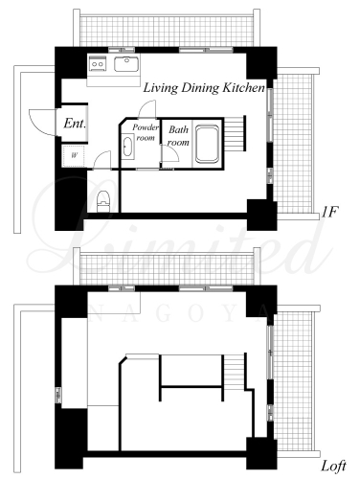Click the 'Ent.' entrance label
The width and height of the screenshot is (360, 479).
click(75, 124)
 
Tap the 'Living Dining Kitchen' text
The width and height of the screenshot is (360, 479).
click(204, 88)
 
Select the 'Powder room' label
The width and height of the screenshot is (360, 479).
click(146, 132)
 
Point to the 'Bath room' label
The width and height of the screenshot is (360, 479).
click(178, 136)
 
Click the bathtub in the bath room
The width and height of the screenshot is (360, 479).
click(208, 144)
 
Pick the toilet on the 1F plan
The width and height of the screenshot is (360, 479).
click(103, 201)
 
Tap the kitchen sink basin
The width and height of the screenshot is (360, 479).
click(126, 64)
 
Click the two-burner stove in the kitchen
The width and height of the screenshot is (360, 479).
click(97, 64)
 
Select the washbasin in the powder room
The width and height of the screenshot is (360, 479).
click(127, 147)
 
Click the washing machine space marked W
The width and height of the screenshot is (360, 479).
click(74, 156)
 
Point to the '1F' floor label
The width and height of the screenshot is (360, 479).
click(329, 212)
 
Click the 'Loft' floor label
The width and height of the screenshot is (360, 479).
click(333, 467)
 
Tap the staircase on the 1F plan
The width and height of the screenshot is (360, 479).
click(235, 133)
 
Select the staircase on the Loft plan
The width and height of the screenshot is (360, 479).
click(234, 372)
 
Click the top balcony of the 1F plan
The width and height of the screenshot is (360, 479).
click(167, 31)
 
